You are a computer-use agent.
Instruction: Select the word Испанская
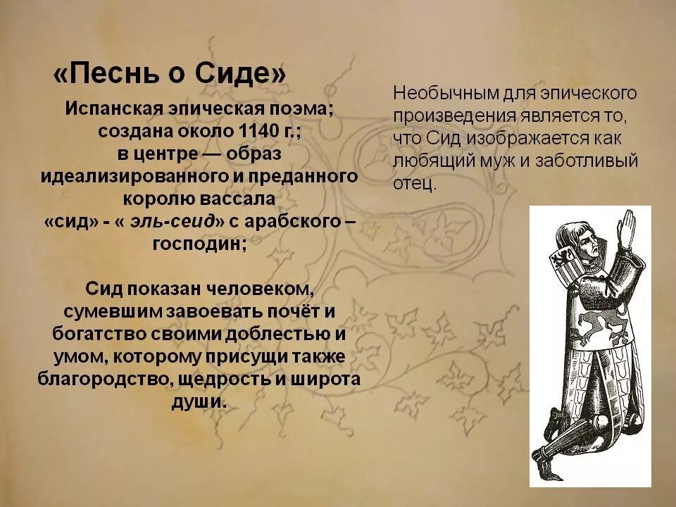[x=113, y=110]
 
